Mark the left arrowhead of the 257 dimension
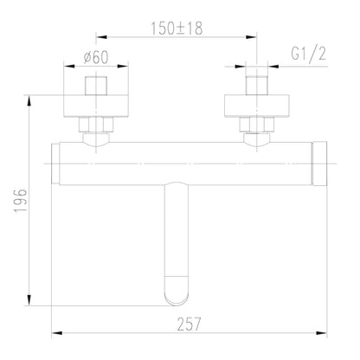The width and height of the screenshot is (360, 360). coord(55,333)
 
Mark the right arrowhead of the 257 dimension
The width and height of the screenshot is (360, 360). coord(325,333)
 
